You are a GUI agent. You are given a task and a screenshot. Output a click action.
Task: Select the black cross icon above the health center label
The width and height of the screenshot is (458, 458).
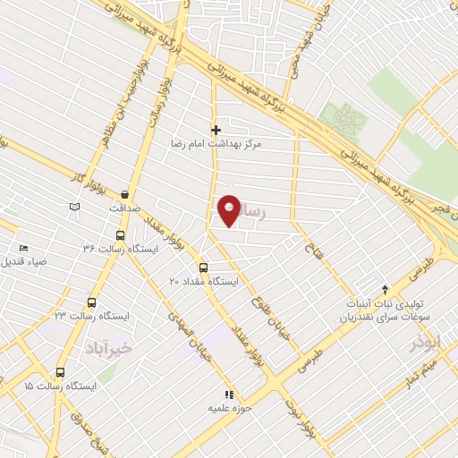215,129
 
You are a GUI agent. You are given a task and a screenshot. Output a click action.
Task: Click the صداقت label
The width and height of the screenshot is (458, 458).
125,208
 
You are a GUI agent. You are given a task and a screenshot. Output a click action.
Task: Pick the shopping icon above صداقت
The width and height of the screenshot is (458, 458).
124,193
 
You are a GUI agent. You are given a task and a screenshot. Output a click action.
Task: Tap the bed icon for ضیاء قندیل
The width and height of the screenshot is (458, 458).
23,248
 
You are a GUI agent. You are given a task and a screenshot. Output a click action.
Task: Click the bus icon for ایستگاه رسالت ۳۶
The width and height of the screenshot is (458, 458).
120,235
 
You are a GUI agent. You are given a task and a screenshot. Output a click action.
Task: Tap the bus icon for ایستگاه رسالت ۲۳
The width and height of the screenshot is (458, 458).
90,302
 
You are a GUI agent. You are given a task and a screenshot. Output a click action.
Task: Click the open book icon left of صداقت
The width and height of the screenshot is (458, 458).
74,208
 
